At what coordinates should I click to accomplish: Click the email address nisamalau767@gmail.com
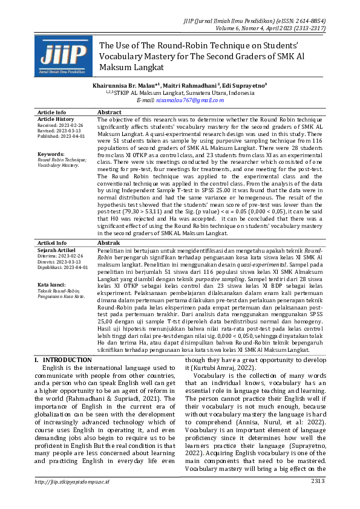(x=190, y=100)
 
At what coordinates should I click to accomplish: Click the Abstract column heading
(x=110, y=112)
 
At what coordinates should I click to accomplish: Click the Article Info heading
(x=52, y=112)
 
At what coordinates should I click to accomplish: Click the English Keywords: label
(x=50, y=154)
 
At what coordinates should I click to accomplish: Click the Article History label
(x=56, y=119)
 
